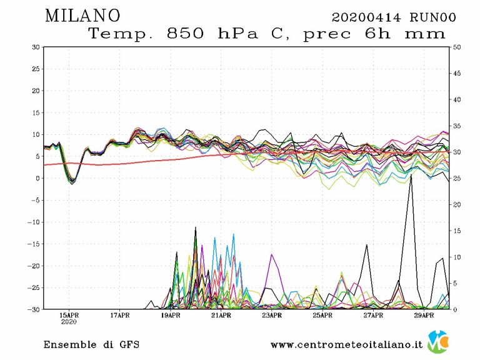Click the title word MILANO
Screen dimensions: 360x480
tap(82, 16)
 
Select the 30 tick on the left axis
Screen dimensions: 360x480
tap(36, 47)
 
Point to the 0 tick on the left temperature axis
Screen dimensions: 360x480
tap(38, 178)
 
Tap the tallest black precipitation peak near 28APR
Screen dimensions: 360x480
tap(411, 176)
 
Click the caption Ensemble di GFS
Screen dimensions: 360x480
tap(91, 344)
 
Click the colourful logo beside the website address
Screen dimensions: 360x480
tap(438, 342)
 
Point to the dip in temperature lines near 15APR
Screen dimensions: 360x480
tap(72, 181)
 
